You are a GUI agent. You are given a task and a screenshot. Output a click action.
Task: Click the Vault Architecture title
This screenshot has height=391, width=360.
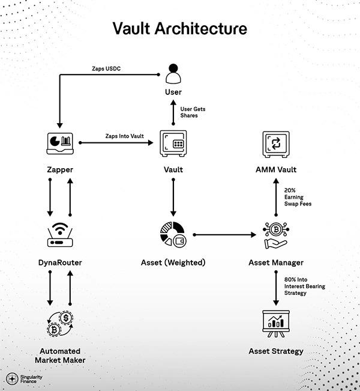point(180,28)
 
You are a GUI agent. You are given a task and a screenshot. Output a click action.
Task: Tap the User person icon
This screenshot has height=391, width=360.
point(173,73)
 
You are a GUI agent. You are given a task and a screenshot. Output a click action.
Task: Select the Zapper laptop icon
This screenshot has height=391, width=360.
point(59,143)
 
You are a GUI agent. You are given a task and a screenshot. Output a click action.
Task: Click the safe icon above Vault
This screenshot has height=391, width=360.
point(173,143)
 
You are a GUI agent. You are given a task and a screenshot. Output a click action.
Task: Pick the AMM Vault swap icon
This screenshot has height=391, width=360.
point(276,143)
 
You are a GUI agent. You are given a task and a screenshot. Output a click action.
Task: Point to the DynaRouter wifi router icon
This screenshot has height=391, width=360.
point(59,235)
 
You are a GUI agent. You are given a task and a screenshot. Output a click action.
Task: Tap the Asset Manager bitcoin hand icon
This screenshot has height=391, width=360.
point(276,235)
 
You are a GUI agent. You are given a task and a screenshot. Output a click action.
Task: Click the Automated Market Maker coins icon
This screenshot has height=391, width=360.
point(59,324)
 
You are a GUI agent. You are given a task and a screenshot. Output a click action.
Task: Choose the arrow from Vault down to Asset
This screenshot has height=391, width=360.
point(173,197)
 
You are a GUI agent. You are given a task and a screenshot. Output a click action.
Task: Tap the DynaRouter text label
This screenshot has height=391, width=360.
point(59,262)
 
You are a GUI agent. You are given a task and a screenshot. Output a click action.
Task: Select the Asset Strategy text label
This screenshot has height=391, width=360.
point(276,351)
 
